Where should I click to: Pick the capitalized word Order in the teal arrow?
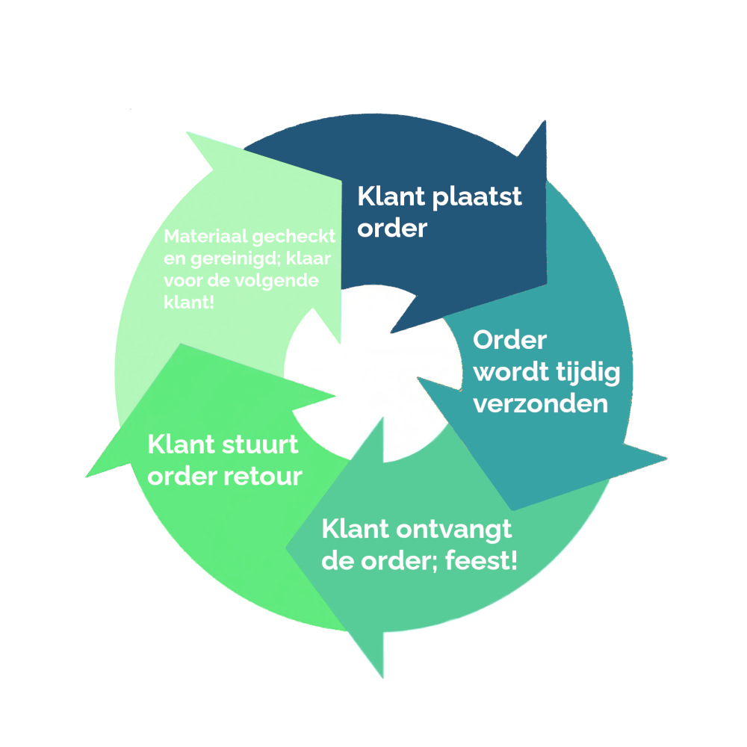click(511, 341)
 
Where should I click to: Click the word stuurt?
click(261, 445)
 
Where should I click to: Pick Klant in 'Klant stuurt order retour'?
click(183, 445)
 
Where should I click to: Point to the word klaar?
click(314, 260)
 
